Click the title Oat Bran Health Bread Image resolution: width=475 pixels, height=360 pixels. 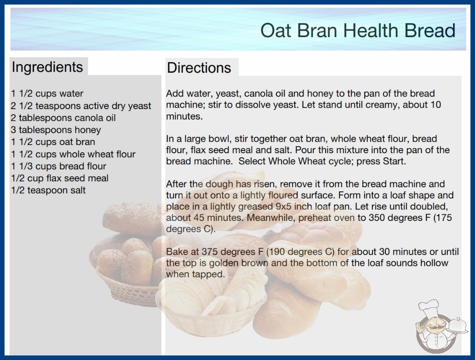pyautogui.click(x=358, y=30)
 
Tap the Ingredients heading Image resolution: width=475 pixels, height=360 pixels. pyautogui.click(x=47, y=67)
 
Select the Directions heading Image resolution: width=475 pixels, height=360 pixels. pyautogui.click(x=199, y=68)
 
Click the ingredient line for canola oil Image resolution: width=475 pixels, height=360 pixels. pyautogui.click(x=63, y=118)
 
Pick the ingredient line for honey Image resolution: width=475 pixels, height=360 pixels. pyautogui.click(x=56, y=130)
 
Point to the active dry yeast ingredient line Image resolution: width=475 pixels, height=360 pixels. pyautogui.click(x=81, y=106)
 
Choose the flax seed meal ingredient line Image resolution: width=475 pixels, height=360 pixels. pyautogui.click(x=59, y=178)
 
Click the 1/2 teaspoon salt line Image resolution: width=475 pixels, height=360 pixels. pyautogui.click(x=49, y=190)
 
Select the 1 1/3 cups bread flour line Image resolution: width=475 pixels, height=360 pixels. pyautogui.click(x=59, y=166)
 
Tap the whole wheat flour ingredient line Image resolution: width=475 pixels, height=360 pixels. pyautogui.click(x=73, y=154)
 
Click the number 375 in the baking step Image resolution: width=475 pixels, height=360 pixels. pyautogui.click(x=210, y=252)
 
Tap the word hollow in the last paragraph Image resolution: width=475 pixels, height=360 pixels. pyautogui.click(x=434, y=263)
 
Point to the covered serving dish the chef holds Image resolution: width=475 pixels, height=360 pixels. pyautogui.click(x=457, y=326)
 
